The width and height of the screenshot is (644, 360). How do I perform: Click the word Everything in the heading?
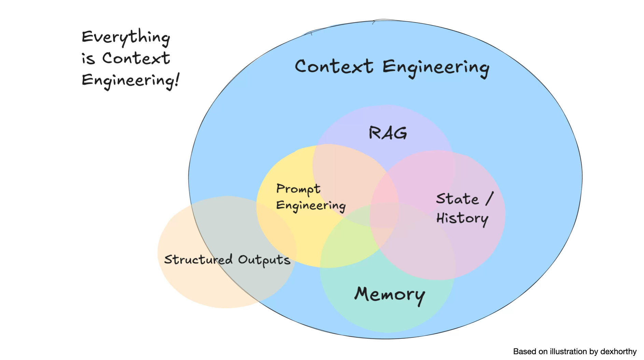point(126,37)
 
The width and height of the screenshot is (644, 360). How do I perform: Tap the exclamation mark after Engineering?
point(177,80)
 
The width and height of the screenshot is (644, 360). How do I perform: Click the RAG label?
point(388,133)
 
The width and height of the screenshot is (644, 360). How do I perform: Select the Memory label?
point(389,294)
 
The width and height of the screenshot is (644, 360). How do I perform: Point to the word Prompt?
point(298,189)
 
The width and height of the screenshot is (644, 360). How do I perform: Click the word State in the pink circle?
point(457,199)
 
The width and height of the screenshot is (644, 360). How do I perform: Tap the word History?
point(462,219)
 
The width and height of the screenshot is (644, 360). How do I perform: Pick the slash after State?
point(489,198)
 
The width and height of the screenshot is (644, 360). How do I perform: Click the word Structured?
point(198,260)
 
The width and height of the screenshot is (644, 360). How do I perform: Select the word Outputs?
point(264,260)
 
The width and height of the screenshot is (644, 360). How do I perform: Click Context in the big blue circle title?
point(334,66)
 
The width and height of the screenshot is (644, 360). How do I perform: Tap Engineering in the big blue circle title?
point(436,68)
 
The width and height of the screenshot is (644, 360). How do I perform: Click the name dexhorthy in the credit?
point(618,352)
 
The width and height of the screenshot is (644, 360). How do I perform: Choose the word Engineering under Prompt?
point(311,206)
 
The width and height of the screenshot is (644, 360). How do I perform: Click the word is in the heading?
point(88,59)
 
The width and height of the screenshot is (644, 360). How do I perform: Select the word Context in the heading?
point(136,58)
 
